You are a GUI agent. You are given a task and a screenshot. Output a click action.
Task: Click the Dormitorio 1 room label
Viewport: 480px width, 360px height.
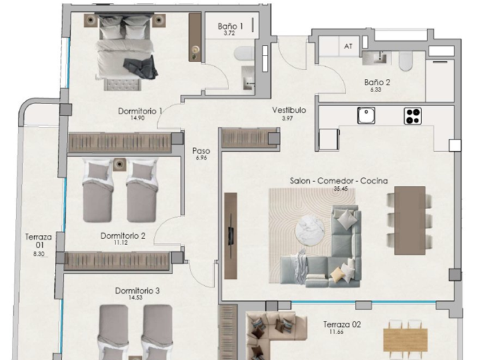coord(140,111)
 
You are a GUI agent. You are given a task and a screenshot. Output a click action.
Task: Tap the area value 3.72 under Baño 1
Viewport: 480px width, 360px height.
coord(229,33)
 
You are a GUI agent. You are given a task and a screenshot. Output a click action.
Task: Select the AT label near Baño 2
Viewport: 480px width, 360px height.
coord(348,46)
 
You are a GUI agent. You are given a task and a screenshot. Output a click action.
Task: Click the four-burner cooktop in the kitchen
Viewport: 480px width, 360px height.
coord(413,116)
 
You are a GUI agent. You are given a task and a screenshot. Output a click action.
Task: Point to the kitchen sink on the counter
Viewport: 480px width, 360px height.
coord(366,115)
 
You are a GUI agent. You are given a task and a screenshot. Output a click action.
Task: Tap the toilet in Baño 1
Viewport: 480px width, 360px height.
coord(244,53)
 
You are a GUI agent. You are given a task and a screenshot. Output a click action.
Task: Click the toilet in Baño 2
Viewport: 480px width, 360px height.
coord(406,61)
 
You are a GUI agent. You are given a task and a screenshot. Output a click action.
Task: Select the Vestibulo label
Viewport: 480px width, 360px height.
coord(289,110)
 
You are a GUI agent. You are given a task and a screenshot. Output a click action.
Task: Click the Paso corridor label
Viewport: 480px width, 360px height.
coord(201,151)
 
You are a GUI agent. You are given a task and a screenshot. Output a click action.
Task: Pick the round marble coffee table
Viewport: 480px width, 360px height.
coord(310,230)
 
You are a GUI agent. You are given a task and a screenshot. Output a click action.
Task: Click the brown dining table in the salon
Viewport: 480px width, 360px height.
coord(410,221)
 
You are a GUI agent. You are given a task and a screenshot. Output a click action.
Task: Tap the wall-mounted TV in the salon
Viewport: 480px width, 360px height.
coord(231,235)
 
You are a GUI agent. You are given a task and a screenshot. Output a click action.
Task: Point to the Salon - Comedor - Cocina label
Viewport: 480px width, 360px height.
coord(339,181)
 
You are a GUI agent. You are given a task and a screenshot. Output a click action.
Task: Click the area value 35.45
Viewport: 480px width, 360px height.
coord(341,189)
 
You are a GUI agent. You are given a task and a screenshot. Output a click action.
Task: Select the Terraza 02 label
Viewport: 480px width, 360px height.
coord(342,325)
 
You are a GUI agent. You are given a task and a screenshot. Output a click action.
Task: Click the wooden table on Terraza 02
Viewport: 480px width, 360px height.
coord(405,340)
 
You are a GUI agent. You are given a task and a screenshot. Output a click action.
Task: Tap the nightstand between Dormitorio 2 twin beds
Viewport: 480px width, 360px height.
coord(119,165)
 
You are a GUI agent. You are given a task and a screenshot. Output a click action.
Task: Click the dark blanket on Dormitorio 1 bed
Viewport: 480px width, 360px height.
coord(141,67)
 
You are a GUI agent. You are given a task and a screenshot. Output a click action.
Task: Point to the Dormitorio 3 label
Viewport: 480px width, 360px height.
coord(137,290)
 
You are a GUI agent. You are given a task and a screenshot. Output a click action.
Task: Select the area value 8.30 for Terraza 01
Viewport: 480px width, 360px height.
coord(39,254)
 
